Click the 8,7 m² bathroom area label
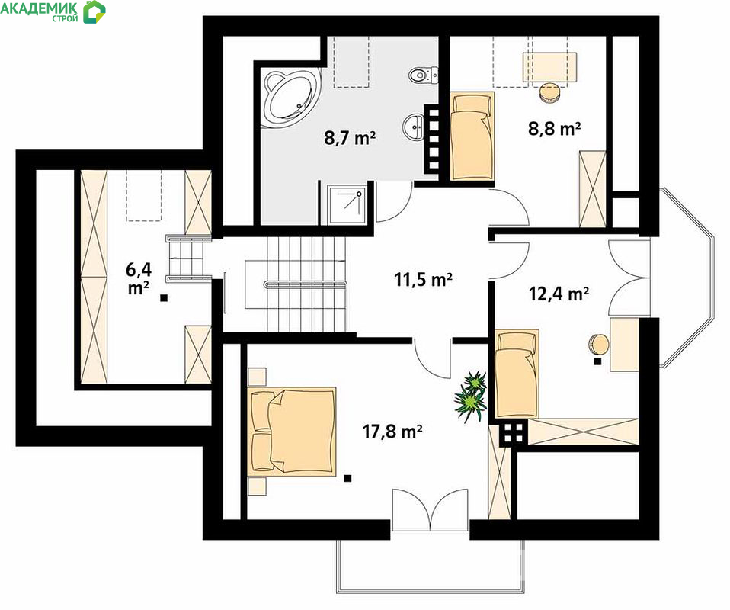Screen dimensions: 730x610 [350, 138]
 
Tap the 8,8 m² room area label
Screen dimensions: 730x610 [554, 127]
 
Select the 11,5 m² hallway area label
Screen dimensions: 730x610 [423, 280]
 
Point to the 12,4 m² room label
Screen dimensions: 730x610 [559, 294]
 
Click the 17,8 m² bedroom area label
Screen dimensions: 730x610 [392, 432]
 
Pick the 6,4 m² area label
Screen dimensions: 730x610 [139, 278]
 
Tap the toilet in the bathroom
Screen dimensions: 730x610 [424, 75]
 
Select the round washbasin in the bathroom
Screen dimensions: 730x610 [415, 127]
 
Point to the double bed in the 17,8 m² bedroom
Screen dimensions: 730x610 [292, 431]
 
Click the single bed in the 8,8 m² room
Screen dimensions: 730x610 [472, 136]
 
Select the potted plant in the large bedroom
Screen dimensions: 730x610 [471, 396]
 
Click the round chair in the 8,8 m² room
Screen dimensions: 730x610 [550, 91]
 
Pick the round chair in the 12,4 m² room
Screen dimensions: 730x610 [599, 344]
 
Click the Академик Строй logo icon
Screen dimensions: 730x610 [94, 11]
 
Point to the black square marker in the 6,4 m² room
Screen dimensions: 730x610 [164, 298]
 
